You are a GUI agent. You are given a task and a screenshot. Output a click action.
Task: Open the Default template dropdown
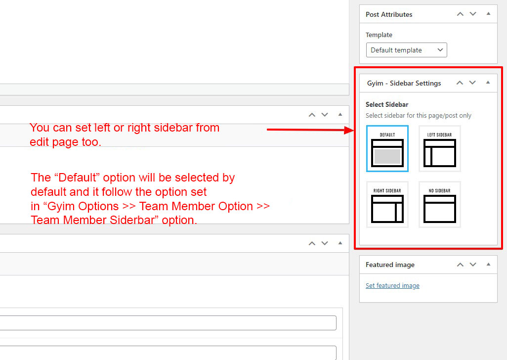pyautogui.click(x=407, y=50)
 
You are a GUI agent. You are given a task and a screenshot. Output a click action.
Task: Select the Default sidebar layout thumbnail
pyautogui.click(x=387, y=148)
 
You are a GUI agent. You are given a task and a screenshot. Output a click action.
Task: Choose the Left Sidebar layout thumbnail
pyautogui.click(x=439, y=148)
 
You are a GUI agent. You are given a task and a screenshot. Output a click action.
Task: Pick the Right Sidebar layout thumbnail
pyautogui.click(x=387, y=204)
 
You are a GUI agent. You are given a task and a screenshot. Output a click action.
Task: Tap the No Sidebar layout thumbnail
pyautogui.click(x=439, y=204)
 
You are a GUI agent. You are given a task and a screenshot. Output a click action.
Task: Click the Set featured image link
pyautogui.click(x=392, y=286)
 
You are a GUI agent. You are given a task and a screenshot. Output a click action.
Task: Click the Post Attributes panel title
pyautogui.click(x=389, y=14)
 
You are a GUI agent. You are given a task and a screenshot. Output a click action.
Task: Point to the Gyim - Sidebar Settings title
pyautogui.click(x=404, y=84)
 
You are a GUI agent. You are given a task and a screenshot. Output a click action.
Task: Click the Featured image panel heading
pyautogui.click(x=390, y=265)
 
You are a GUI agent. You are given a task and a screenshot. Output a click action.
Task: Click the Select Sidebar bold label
pyautogui.click(x=387, y=104)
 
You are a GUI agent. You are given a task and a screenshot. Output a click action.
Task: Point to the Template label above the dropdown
pyautogui.click(x=379, y=35)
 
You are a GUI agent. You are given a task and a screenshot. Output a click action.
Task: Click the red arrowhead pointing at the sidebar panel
pyautogui.click(x=349, y=130)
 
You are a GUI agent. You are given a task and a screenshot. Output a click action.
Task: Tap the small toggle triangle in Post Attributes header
pyautogui.click(x=488, y=13)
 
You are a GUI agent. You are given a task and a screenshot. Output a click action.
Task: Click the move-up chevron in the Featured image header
pyautogui.click(x=460, y=265)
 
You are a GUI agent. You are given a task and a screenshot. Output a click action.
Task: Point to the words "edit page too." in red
pyautogui.click(x=66, y=142)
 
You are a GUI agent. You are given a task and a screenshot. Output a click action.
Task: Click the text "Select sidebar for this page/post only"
pyautogui.click(x=419, y=116)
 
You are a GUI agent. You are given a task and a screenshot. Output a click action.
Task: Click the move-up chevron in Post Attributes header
pyautogui.click(x=460, y=14)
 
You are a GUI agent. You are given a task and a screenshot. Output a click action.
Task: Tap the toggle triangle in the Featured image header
pyautogui.click(x=488, y=264)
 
